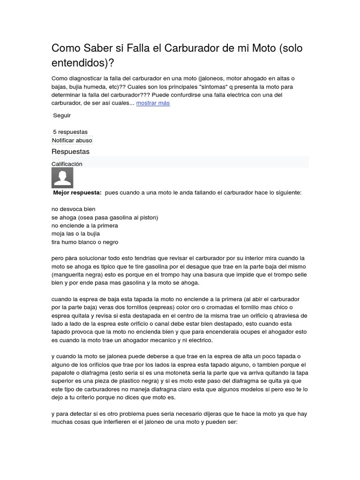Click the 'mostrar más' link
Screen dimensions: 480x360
(153, 103)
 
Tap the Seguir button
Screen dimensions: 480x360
(62, 115)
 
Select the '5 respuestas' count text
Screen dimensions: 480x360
(70, 132)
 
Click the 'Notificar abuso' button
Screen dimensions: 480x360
(72, 140)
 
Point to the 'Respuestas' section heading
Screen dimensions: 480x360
(70, 152)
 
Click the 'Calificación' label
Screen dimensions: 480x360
(67, 164)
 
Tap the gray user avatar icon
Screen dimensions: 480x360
(62, 178)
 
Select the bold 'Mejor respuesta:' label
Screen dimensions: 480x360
(77, 193)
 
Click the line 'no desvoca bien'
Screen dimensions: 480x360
(73, 209)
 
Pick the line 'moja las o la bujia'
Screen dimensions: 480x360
(76, 234)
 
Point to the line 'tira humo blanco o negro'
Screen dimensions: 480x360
(85, 242)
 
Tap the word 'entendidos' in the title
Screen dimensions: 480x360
(80, 62)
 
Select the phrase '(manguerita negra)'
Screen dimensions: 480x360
(78, 275)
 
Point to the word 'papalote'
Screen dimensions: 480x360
(64, 373)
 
